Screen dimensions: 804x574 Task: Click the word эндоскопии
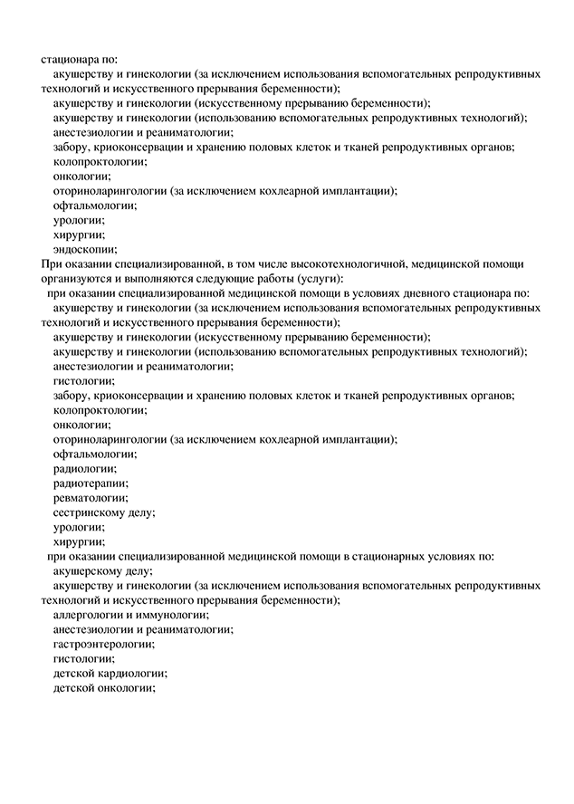point(85,249)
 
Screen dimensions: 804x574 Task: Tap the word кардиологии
point(132,673)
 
